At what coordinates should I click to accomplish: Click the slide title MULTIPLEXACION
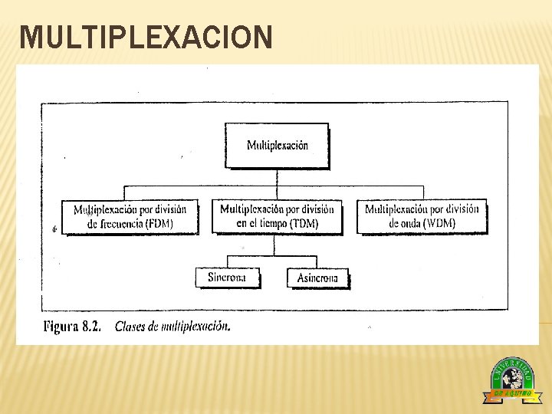(146, 37)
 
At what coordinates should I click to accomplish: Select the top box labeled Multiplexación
(277, 145)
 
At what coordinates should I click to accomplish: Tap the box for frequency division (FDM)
(130, 216)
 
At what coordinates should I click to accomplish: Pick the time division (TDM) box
(277, 216)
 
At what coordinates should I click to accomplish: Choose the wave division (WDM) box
(422, 216)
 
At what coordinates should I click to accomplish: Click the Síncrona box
(227, 277)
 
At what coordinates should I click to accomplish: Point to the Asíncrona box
(317, 278)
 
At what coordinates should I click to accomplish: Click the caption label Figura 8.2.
(73, 327)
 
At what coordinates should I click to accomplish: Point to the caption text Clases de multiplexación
(172, 327)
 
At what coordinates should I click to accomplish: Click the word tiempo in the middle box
(267, 224)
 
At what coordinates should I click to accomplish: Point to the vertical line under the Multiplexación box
(278, 177)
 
